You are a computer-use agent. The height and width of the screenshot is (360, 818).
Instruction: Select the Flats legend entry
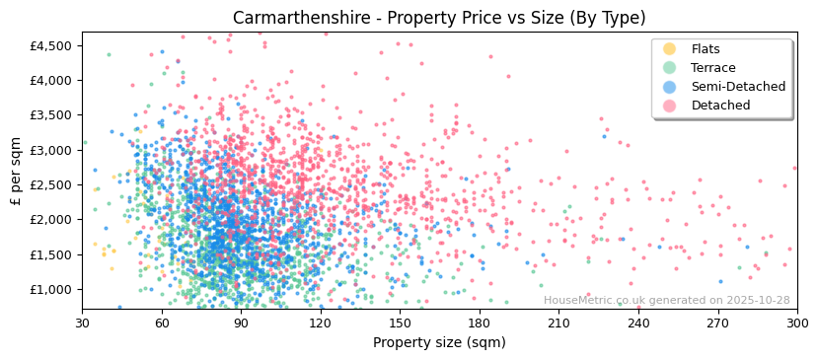[706, 49]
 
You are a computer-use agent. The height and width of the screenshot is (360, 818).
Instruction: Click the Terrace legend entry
[712, 68]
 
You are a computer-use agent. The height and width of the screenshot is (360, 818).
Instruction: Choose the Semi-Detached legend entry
[738, 87]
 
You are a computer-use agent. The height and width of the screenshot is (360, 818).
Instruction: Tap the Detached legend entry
[720, 106]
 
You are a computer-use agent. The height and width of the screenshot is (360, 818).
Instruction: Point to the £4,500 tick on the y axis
[51, 45]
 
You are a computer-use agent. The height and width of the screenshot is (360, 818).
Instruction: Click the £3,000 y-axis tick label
[51, 150]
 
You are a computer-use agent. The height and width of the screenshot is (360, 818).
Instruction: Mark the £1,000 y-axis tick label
[51, 289]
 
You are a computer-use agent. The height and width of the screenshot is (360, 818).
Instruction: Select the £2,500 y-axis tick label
[51, 184]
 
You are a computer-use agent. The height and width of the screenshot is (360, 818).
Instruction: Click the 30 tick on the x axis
[82, 323]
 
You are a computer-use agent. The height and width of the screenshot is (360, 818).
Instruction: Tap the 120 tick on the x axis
[320, 323]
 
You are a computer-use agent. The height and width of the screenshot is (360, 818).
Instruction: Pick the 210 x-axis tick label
[558, 323]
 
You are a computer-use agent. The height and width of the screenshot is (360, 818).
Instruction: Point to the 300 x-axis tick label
[796, 323]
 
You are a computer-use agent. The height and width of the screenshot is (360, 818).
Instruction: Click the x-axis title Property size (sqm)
[439, 342]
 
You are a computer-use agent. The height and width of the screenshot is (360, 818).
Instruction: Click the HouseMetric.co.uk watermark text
[666, 300]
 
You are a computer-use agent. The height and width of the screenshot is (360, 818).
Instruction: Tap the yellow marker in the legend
[669, 49]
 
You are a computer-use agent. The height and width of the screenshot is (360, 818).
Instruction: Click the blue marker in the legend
[669, 87]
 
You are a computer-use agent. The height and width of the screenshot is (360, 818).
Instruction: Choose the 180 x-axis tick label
[479, 323]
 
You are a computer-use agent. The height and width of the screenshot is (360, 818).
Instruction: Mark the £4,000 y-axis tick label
[51, 81]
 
